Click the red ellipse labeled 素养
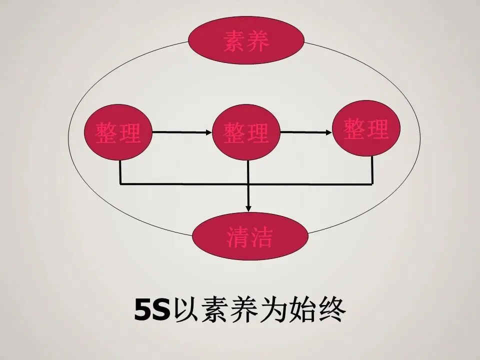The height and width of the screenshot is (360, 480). point(247,41)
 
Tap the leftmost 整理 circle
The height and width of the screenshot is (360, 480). point(118,132)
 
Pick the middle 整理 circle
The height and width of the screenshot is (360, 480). point(247,132)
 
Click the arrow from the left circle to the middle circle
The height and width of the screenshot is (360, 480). point(181,132)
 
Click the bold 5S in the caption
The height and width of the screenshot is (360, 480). point(152,311)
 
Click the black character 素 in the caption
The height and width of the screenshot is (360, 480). point(215,311)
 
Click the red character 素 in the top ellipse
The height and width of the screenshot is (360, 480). point(234,42)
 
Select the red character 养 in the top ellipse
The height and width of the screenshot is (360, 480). point(258,42)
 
